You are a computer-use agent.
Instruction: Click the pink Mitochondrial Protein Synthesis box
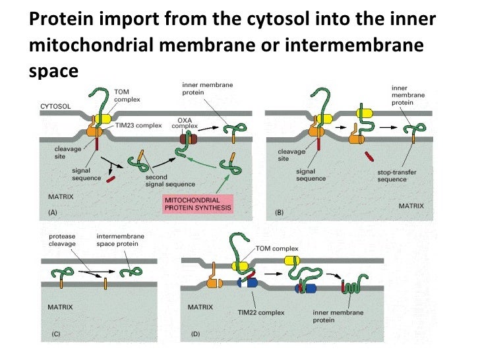tap(196, 204)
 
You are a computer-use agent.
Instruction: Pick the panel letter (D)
tap(196, 334)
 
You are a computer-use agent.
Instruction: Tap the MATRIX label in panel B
tap(411, 206)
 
